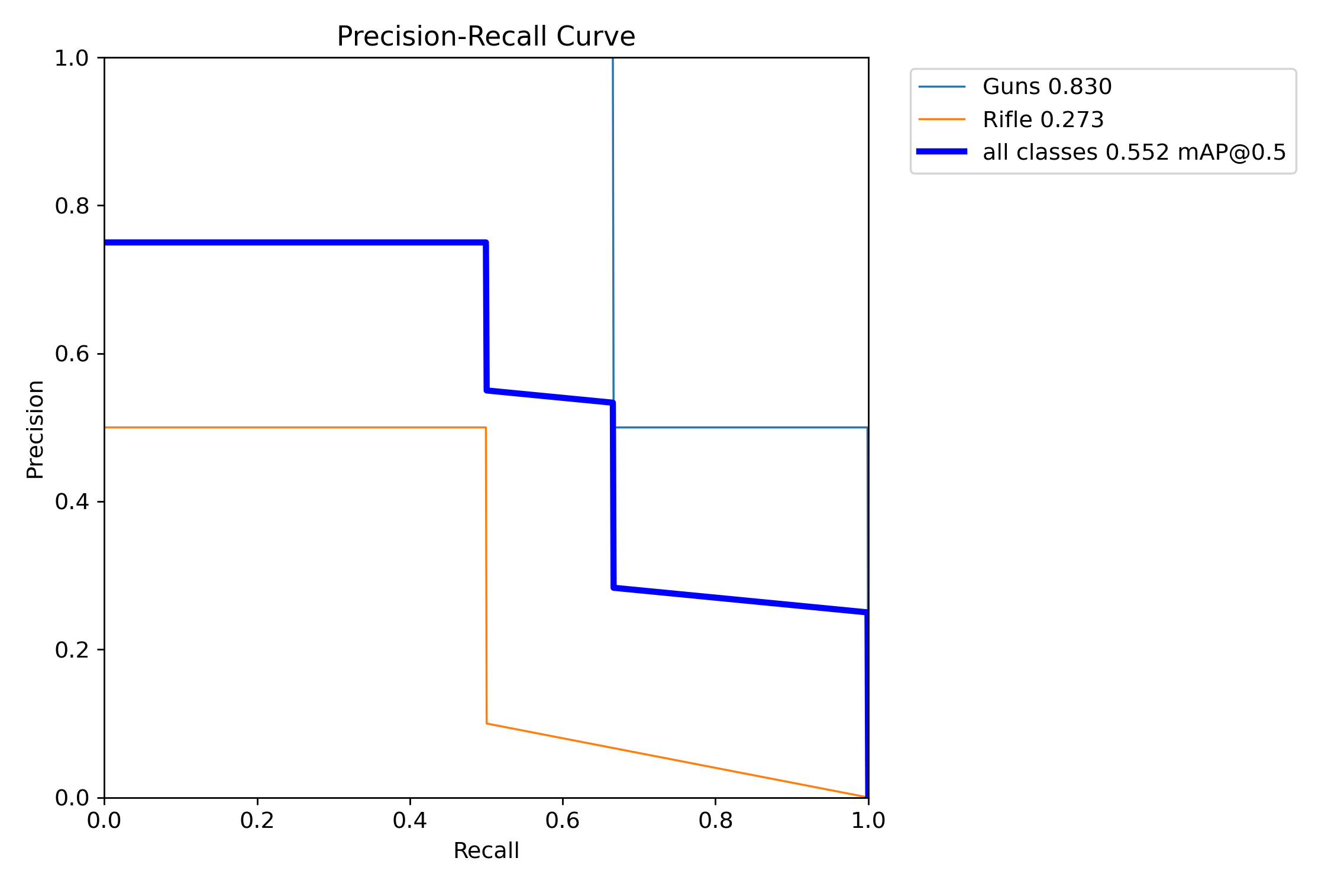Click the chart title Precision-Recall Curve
[x=486, y=37]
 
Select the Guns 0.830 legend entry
[x=1046, y=87]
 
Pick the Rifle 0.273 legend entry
[x=1042, y=119]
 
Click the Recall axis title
[x=486, y=850]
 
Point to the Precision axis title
[x=35, y=429]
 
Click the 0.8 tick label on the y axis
[x=72, y=206]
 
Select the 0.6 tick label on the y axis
[x=72, y=354]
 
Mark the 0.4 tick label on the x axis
[x=410, y=820]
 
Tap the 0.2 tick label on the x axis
[x=257, y=820]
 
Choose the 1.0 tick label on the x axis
[x=868, y=820]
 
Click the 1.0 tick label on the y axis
[x=72, y=58]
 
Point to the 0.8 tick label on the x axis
[x=715, y=820]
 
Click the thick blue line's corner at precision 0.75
[x=486, y=243]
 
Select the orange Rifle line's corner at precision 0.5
[x=486, y=427]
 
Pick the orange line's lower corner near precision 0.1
[x=487, y=723]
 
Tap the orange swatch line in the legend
[x=942, y=119]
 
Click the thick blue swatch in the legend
[x=942, y=152]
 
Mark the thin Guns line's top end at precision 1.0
[x=612, y=59]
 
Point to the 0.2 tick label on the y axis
[x=72, y=650]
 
